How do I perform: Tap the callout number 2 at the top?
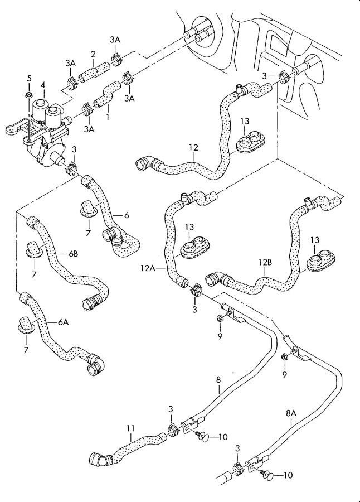tap(94, 54)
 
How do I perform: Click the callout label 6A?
tap(63, 322)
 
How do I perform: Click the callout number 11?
tap(130, 428)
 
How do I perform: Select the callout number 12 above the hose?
tap(193, 148)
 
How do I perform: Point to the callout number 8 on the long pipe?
tap(218, 380)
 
